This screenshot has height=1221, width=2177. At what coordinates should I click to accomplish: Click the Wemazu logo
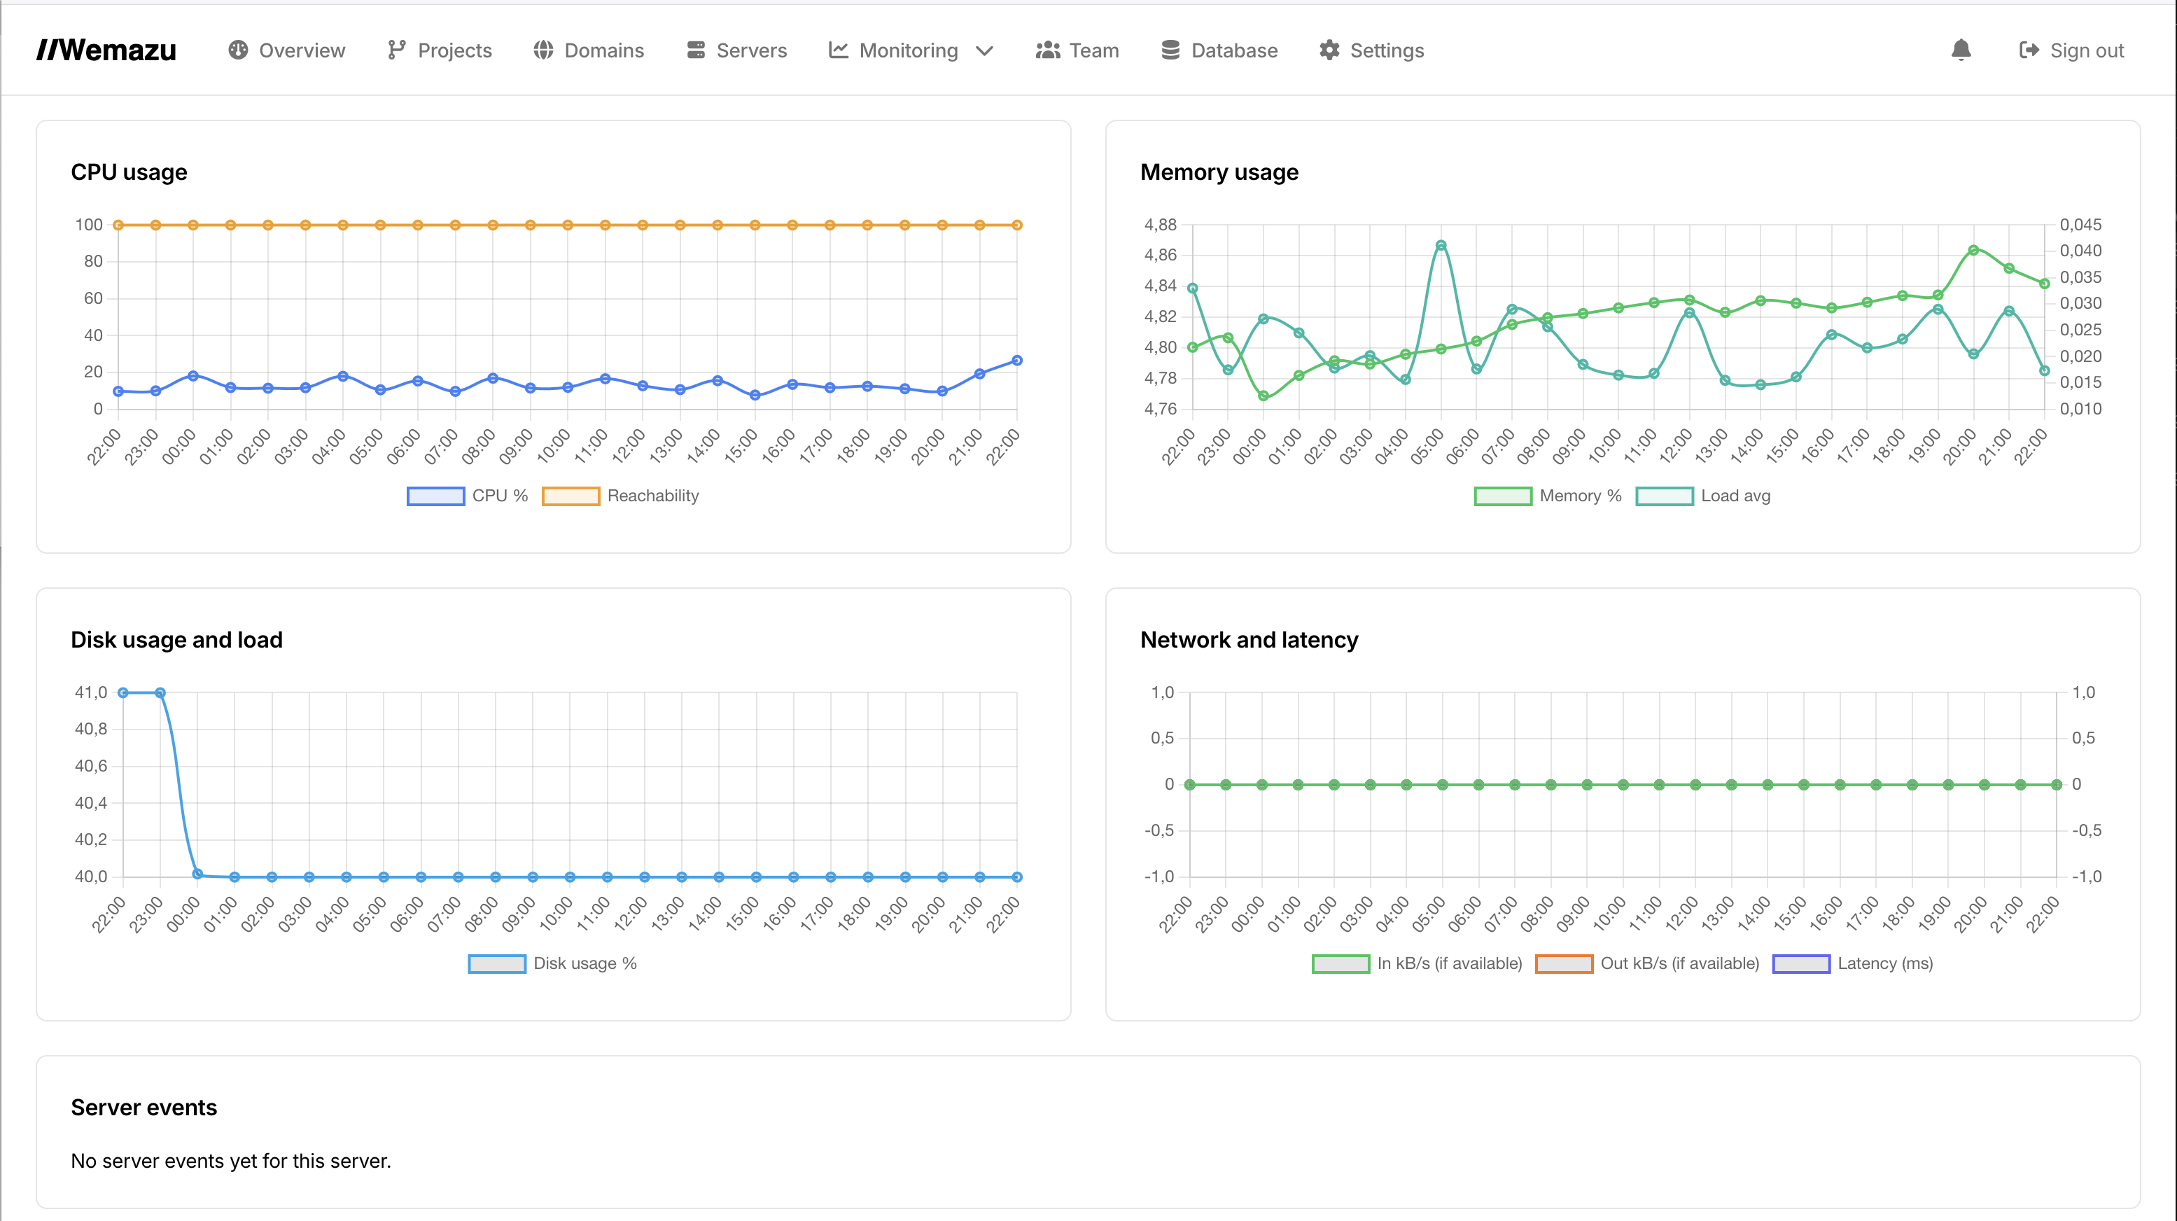click(106, 50)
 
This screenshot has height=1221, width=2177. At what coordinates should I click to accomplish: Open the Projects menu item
click(440, 50)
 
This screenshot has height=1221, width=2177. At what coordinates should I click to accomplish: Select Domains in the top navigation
click(588, 50)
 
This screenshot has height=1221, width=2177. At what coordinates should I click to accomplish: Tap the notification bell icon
click(1961, 50)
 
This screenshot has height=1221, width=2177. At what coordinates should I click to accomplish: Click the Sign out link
click(2071, 50)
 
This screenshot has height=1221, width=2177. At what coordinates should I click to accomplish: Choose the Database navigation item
click(1219, 50)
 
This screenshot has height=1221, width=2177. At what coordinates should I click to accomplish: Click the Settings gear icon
click(1329, 50)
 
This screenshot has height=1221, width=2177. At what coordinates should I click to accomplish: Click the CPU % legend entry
click(468, 496)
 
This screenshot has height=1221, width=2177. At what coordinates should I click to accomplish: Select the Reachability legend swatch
click(570, 496)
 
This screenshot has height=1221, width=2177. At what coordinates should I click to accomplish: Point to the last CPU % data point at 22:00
click(1016, 361)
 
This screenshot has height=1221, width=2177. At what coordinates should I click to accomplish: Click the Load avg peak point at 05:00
click(1441, 246)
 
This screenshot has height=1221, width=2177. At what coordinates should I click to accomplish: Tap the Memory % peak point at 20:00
click(1973, 250)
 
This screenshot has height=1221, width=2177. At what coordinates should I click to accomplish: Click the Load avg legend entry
click(1703, 496)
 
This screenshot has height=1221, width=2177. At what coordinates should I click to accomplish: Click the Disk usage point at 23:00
click(160, 693)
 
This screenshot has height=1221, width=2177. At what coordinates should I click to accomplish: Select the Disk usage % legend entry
click(553, 963)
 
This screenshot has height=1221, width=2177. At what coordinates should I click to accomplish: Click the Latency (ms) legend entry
click(1852, 963)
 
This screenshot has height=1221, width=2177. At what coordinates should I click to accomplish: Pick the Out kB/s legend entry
click(1647, 963)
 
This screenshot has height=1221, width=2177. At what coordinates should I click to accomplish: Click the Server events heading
click(143, 1108)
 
